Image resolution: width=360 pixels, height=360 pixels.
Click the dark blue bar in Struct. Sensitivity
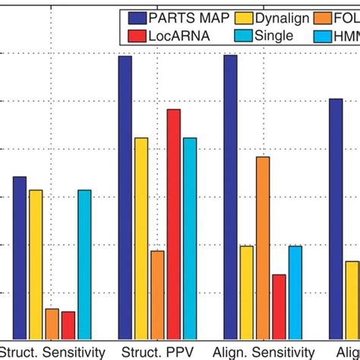pos(19,258)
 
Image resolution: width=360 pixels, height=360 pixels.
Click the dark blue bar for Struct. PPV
pos(125,197)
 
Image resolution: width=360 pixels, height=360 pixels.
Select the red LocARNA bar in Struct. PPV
pos(174,224)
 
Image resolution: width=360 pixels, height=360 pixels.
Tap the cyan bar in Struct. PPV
pos(190,238)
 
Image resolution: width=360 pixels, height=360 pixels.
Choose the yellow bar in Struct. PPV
pos(141,238)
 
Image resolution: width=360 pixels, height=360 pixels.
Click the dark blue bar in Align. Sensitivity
pos(230,197)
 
